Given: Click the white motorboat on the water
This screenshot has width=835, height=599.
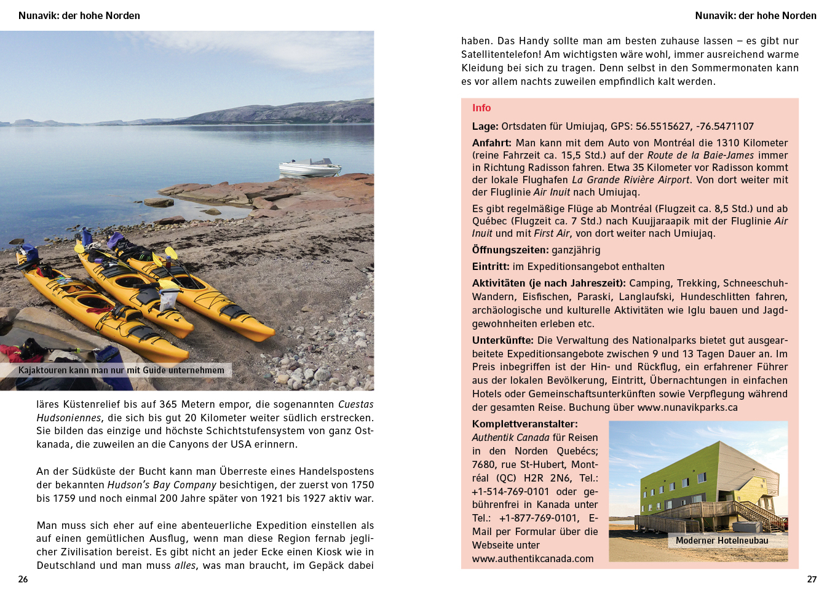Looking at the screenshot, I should (310, 167).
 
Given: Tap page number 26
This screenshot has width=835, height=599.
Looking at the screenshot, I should (23, 579).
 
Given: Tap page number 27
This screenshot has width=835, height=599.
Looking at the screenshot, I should (812, 579).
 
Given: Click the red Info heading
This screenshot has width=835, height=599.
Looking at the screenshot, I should (481, 108).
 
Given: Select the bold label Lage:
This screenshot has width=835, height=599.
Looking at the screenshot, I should (485, 127).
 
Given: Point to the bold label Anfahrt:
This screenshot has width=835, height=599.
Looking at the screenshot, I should (492, 143).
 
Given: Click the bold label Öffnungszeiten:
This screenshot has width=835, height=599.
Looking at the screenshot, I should (510, 250).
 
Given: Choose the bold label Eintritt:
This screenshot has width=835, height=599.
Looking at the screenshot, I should (491, 267).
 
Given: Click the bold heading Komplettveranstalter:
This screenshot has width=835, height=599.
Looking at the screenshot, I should (525, 424).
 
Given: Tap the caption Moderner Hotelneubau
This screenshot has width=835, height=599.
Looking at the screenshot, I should (722, 541).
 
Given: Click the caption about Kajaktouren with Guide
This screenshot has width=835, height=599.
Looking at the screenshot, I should (121, 370).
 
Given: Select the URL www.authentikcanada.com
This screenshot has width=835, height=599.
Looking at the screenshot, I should (533, 559).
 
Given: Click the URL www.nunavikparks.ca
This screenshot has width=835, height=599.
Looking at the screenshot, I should (687, 408).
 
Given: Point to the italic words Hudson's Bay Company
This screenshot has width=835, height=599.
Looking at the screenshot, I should (162, 485).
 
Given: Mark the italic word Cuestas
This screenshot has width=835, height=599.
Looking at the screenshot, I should (355, 405).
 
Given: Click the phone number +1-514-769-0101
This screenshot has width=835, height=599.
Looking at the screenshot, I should (510, 492).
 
